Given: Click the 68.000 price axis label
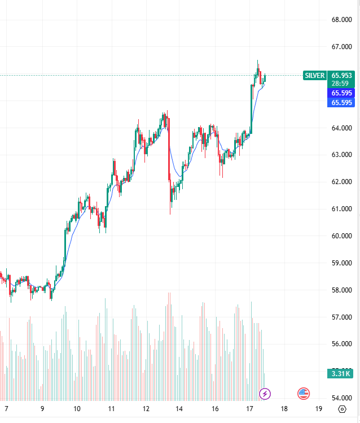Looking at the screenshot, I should [x=342, y=20].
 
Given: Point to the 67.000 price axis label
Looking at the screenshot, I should [x=342, y=47].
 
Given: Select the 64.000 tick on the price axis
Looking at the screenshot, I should [x=342, y=128].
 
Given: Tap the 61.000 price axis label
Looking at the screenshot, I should [x=342, y=209].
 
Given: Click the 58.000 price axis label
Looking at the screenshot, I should [x=342, y=290].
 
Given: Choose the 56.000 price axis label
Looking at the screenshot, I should [x=342, y=344].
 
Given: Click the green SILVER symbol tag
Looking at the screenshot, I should [x=315, y=75].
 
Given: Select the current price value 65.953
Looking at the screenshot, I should [x=342, y=75].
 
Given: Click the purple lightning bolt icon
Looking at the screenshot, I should [x=265, y=393].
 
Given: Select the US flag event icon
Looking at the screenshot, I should [x=304, y=393].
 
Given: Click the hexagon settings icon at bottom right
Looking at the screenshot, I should [x=342, y=409].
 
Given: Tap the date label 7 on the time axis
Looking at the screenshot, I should [x=7, y=409].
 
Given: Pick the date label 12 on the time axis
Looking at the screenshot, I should [x=146, y=409].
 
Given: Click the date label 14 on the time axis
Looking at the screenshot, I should [x=179, y=409].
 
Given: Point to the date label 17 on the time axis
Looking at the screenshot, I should [x=249, y=409].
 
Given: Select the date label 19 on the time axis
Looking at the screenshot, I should [x=319, y=409].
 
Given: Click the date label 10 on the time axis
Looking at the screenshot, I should [x=77, y=409].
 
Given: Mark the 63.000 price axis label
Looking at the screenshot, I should [x=342, y=155].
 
